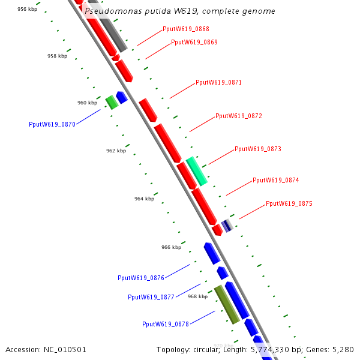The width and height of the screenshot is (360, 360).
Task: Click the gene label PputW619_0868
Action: [x=185, y=29]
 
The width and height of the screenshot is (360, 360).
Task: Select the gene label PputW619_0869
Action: [x=194, y=42]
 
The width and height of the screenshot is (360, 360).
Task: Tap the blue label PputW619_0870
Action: [x=52, y=124]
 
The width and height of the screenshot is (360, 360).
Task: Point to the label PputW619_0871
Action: [x=218, y=82]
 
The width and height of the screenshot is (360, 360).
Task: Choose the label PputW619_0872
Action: [x=239, y=116]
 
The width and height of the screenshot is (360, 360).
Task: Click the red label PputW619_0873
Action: [x=258, y=149]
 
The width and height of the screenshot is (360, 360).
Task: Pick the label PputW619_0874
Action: [x=275, y=180]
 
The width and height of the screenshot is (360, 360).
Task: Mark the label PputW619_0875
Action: [x=289, y=203]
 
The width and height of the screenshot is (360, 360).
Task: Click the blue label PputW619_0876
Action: [x=141, y=278]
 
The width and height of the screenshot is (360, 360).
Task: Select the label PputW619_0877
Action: [x=151, y=297]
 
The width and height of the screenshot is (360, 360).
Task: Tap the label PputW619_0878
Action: [x=166, y=324]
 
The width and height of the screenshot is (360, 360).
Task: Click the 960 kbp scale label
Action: [x=87, y=103]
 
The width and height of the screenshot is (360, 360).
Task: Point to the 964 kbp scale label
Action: [x=144, y=199]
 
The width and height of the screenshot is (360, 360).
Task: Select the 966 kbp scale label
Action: [x=171, y=247]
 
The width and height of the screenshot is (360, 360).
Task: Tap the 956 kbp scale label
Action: [x=27, y=10]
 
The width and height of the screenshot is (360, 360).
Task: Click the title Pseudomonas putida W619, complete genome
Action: [x=180, y=11]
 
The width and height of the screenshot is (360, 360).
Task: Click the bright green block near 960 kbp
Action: [x=112, y=102]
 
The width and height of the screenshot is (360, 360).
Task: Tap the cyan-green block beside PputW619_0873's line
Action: [x=197, y=171]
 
